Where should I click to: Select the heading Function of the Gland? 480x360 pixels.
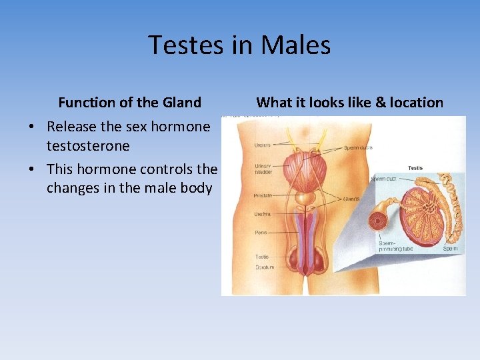(129, 103)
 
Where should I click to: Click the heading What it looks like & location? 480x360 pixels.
(349, 103)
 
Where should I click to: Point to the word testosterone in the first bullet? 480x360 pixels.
(88, 145)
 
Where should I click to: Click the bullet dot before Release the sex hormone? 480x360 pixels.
(31, 127)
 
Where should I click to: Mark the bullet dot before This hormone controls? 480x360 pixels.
(31, 169)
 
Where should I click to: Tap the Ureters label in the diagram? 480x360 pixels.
(263, 145)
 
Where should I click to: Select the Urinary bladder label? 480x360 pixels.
(263, 168)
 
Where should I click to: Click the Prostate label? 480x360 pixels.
(263, 195)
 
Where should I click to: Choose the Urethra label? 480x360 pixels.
(263, 215)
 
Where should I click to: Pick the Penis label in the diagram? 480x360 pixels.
(261, 233)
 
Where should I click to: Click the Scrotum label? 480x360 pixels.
(264, 267)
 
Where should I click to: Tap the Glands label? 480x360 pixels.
(353, 199)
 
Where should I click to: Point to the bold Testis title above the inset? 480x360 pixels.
(415, 167)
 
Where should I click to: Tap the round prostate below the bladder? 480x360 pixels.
(306, 198)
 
